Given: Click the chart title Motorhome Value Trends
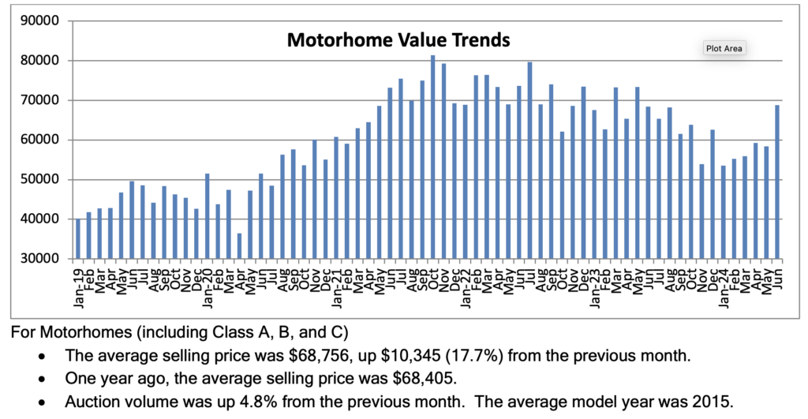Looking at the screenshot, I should pos(398,39).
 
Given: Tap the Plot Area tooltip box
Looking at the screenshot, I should pos(724,48).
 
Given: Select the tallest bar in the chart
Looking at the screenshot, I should pos(432,157).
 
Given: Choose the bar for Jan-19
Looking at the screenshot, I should pos(77,239).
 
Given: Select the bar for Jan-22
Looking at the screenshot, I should pos(465,181).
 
